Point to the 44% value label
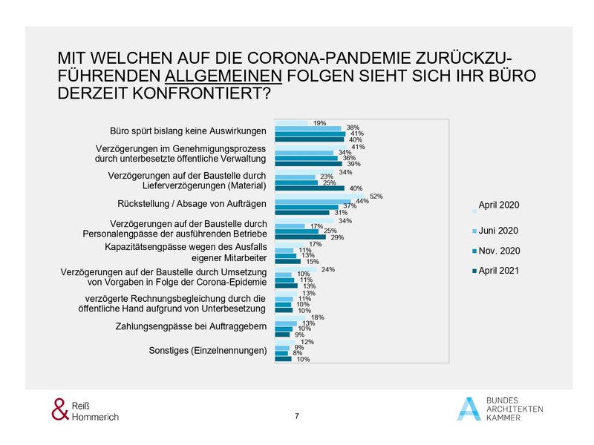pos(363,202)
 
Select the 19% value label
pos(320,122)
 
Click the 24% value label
pos(328,268)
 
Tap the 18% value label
pos(316,317)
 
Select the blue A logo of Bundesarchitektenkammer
pos(469,409)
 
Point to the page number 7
pos(297,416)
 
